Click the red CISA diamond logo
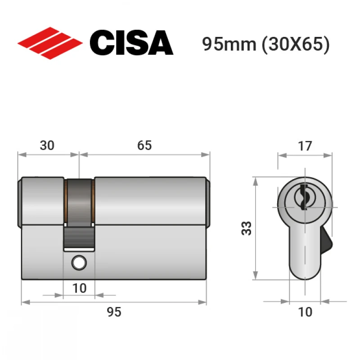pyautogui.click(x=50, y=43)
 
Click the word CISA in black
pyautogui.click(x=131, y=43)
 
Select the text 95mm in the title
pyautogui.click(x=229, y=44)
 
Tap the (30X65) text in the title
pyautogui.click(x=296, y=44)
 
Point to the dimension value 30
pyautogui.click(x=47, y=145)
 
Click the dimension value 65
pyautogui.click(x=144, y=145)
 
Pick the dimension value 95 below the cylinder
pyautogui.click(x=114, y=312)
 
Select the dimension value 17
pyautogui.click(x=305, y=146)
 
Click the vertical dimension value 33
pyautogui.click(x=247, y=228)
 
